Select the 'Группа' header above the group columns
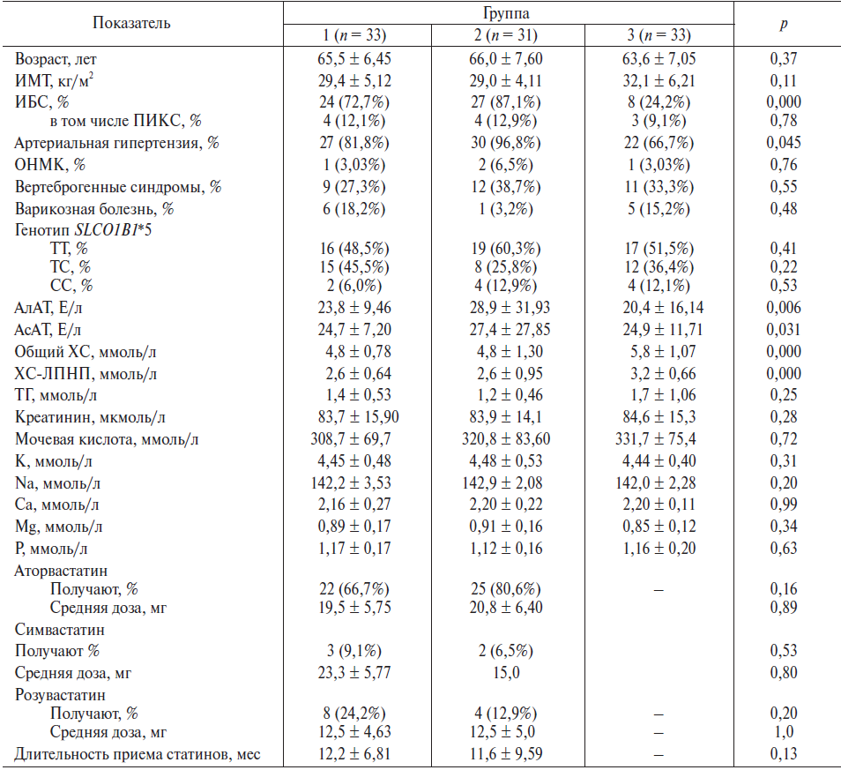[x=508, y=13]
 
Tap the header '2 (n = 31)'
[x=508, y=35]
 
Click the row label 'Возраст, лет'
[x=59, y=58]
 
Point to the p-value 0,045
[x=783, y=143]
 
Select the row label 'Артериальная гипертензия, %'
[x=117, y=143]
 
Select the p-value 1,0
[x=783, y=732]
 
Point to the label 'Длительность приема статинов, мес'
[x=138, y=754]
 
